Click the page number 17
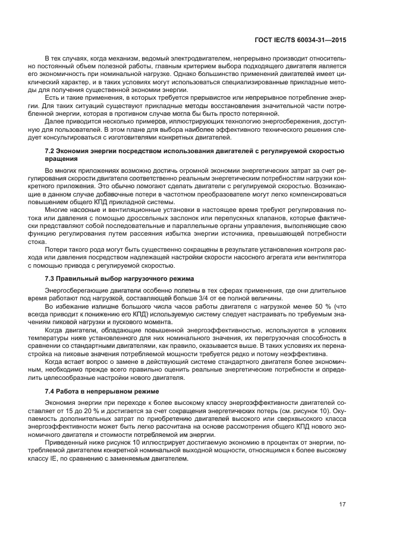click(342, 505)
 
